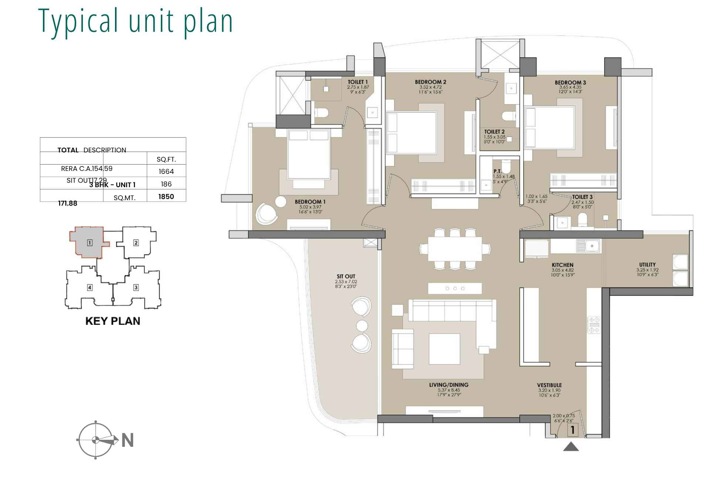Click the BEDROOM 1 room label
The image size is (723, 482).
click(310, 202)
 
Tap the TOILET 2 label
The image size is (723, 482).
click(494, 132)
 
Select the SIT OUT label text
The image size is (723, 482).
click(346, 276)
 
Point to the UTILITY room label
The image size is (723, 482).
click(647, 264)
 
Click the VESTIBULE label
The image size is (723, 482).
click(550, 385)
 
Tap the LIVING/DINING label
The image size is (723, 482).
click(449, 385)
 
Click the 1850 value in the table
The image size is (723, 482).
click(166, 196)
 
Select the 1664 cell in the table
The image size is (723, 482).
click(166, 171)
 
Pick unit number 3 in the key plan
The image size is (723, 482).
click(136, 287)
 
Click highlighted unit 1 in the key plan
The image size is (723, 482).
click(89, 243)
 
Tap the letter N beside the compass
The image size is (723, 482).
click(128, 440)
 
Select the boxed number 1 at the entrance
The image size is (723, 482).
click(572, 430)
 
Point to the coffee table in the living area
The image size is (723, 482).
click(444, 349)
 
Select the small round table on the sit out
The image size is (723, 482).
click(362, 326)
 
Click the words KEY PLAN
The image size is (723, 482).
click(113, 321)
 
